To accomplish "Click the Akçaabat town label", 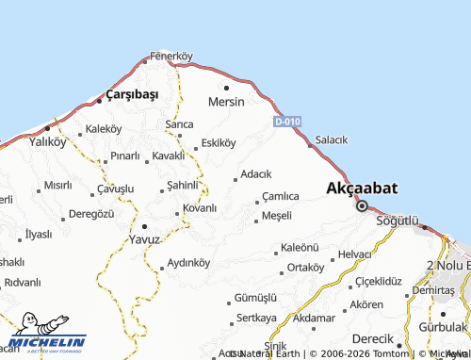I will [361, 188].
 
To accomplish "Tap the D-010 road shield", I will [287, 122].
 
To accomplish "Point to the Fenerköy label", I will [171, 56].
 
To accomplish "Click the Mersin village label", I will [226, 101].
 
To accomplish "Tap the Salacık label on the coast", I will [332, 139].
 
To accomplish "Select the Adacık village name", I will [256, 174].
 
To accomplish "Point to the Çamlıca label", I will [281, 196].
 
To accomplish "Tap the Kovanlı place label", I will [200, 207].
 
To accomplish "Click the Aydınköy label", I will [187, 262].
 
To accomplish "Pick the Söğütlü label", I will [396, 220].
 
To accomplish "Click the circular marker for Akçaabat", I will [361, 205].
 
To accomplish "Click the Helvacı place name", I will [356, 254].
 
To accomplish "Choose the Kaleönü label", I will [301, 248].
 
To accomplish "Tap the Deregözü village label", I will [91, 214].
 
